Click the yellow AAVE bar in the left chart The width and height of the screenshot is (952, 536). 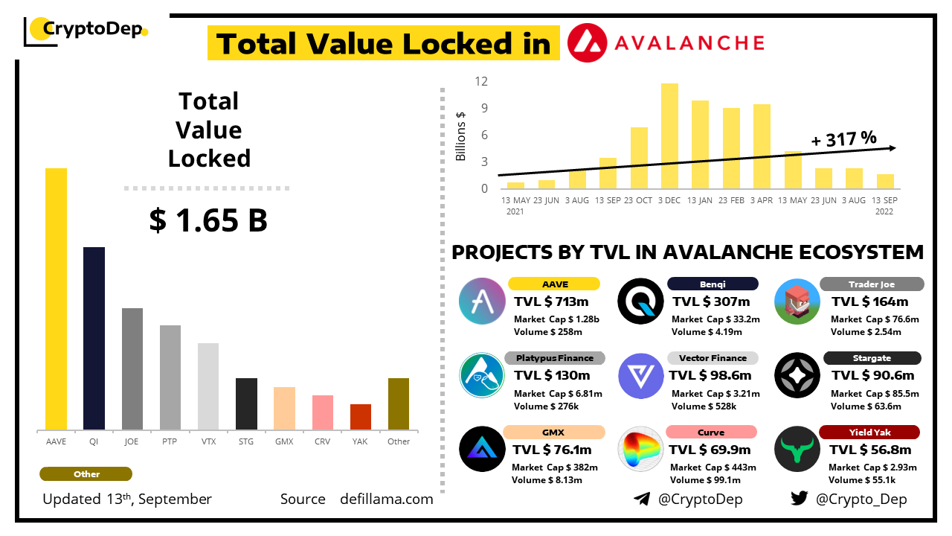[56, 299]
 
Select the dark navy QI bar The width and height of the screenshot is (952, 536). [94, 338]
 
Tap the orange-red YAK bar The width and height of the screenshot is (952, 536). [361, 417]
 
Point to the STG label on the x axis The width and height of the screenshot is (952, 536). [246, 441]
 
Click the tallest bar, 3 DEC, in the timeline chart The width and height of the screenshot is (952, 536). [669, 135]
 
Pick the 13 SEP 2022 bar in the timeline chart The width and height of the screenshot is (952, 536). [885, 181]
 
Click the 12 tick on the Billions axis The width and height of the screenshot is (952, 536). [482, 81]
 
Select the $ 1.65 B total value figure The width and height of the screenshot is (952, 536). [208, 220]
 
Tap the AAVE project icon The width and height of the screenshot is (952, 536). [483, 301]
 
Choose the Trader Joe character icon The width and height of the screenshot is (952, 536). [797, 301]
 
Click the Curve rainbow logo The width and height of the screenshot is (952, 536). [640, 449]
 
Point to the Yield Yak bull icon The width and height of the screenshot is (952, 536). [797, 449]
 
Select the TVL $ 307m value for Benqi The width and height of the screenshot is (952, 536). [711, 301]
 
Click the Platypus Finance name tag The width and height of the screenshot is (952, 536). [555, 358]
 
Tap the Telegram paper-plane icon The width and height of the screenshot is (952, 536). [641, 499]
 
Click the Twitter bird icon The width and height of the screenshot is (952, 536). [799, 499]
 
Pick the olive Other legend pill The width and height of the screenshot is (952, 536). [86, 474]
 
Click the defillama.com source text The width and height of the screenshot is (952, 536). [386, 499]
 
